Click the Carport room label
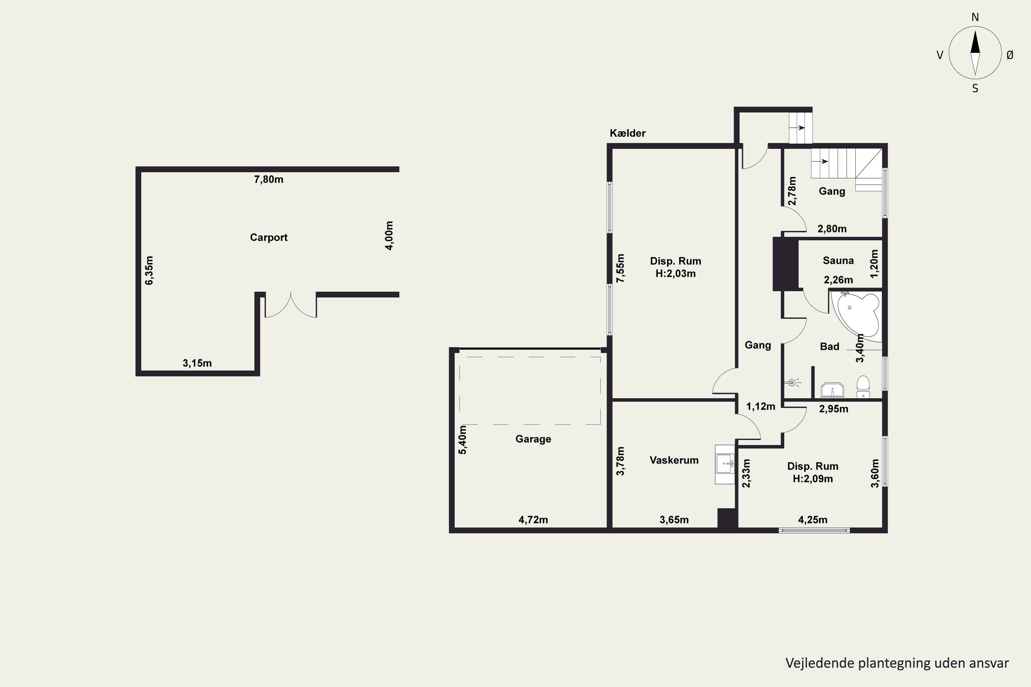[x=269, y=237]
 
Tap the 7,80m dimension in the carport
[x=269, y=180]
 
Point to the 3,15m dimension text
[x=197, y=363]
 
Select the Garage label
[x=533, y=439]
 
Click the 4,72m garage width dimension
[x=533, y=520]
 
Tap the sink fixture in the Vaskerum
[x=724, y=464]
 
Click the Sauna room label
[x=838, y=261]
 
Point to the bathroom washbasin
[x=832, y=390]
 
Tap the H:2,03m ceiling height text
[x=676, y=274]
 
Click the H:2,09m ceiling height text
[x=813, y=479]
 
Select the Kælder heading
[x=628, y=133]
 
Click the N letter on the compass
[x=975, y=17]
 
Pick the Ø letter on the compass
[x=1010, y=55]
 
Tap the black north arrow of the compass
[x=975, y=42]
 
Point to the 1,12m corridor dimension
[x=761, y=407]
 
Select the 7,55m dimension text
[x=620, y=268]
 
